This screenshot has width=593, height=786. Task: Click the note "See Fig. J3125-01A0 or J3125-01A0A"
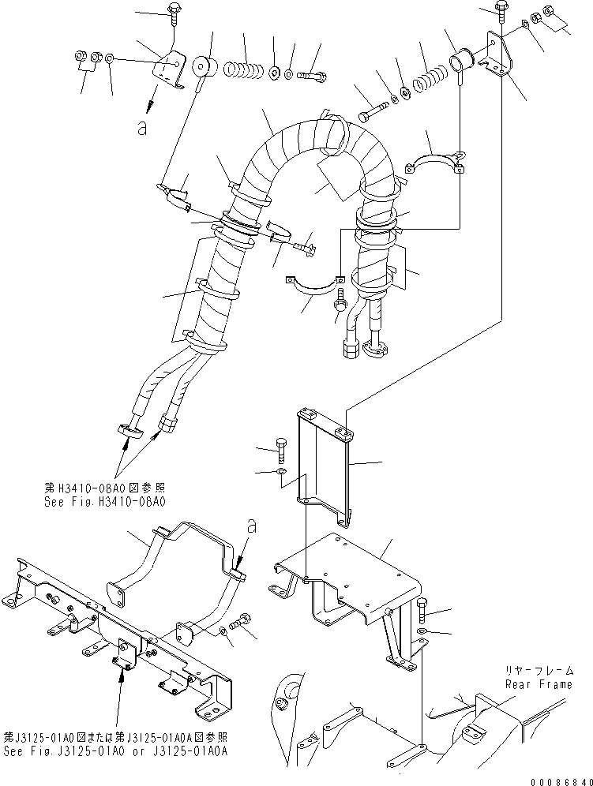115,751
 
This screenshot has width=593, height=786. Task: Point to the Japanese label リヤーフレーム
539,671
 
